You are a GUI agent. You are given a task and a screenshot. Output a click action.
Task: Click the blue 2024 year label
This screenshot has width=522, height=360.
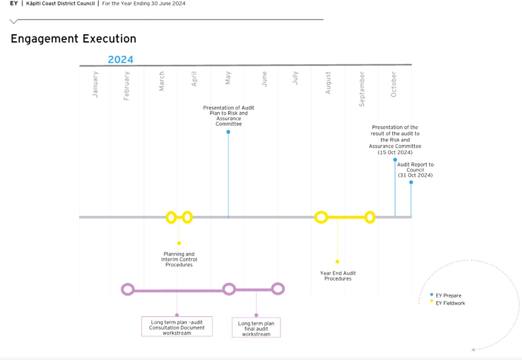pyautogui.click(x=121, y=59)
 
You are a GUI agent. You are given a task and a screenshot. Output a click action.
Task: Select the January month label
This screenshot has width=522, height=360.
pyautogui.click(x=96, y=84)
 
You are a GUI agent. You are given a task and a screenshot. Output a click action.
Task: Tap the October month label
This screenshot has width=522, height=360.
pyautogui.click(x=394, y=84)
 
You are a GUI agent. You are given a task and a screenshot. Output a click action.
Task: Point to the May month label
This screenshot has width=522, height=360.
pyautogui.click(x=228, y=78)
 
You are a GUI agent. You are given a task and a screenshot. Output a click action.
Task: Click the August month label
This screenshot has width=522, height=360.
pyautogui.click(x=328, y=83)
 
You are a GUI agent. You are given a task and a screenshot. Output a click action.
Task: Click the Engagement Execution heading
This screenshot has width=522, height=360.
pyautogui.click(x=73, y=39)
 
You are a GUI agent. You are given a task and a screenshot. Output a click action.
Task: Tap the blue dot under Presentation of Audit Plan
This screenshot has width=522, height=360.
pyautogui.click(x=228, y=132)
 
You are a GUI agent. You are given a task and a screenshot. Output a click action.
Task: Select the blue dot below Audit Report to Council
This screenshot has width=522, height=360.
pyautogui.click(x=411, y=182)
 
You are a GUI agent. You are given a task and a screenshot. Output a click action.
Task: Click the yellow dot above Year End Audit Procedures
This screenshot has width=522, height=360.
pyautogui.click(x=337, y=262)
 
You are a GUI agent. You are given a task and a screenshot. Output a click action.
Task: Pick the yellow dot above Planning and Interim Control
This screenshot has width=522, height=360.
pyautogui.click(x=179, y=243)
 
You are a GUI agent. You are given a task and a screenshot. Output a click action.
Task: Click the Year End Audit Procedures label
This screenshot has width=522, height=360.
pyautogui.click(x=338, y=276)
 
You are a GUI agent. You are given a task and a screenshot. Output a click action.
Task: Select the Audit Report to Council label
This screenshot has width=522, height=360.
pyautogui.click(x=415, y=170)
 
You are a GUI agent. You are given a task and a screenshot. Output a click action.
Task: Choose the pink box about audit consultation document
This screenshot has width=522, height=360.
pyautogui.click(x=177, y=327)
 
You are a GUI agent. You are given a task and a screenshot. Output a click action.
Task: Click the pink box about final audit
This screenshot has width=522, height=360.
pyautogui.click(x=256, y=328)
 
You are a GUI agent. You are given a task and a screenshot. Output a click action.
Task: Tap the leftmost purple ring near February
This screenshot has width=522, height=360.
pyautogui.click(x=128, y=289)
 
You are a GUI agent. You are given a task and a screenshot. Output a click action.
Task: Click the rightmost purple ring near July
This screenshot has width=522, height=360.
pyautogui.click(x=278, y=288)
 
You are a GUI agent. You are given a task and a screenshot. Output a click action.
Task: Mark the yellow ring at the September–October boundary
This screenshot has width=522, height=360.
pyautogui.click(x=370, y=217)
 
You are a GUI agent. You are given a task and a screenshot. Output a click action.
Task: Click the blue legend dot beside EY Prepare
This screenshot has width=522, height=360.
pyautogui.click(x=432, y=295)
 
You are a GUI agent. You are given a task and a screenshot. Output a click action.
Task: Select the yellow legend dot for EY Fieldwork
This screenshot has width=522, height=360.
pyautogui.click(x=432, y=301)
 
